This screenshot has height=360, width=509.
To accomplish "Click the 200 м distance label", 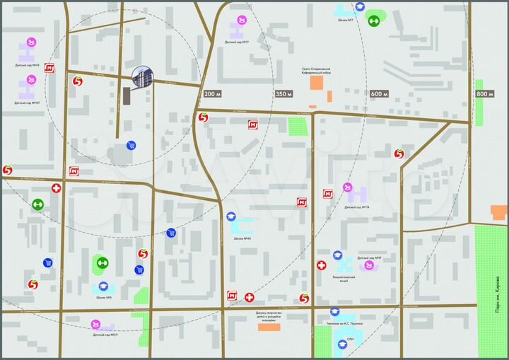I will coord(212,94).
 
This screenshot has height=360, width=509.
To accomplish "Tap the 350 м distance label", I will coord(283,94).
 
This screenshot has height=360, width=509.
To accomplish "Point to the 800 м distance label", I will coord(484,94).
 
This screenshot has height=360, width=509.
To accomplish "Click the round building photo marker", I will coord(143,77).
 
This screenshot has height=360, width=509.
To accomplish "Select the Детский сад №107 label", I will coord(27,103).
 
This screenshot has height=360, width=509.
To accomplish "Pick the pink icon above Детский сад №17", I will coord(242,20).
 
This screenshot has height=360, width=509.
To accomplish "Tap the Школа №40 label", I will coord(242,238).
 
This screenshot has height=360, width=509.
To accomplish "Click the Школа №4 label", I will coord(105,297).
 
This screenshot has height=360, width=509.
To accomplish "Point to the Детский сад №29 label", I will coord(104,335).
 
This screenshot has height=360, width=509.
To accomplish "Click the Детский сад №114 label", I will coord(358,207).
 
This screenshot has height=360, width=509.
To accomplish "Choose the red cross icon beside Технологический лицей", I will coord(322,265).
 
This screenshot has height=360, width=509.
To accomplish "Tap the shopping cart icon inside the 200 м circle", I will coord(131,146).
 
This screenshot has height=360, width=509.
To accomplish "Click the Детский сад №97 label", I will coord(370,258).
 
